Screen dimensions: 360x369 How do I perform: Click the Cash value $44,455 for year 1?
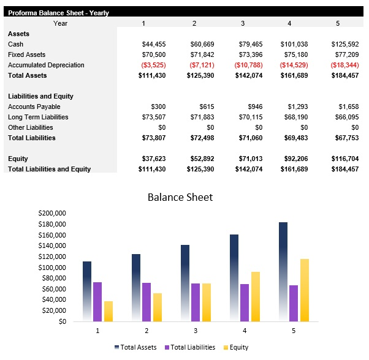click(153, 44)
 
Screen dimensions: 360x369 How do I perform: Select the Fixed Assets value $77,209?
click(346, 54)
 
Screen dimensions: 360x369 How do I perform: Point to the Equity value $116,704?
click(344, 159)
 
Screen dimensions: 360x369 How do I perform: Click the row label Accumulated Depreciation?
click(46, 65)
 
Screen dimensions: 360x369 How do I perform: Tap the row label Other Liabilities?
click(31, 127)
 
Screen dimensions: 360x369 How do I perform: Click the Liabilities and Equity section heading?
click(40, 96)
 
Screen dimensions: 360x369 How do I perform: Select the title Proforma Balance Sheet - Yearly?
click(59, 13)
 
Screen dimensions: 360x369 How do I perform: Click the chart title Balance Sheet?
click(180, 197)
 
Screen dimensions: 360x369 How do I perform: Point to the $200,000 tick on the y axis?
click(52, 213)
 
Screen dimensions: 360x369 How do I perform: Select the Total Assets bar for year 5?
click(283, 272)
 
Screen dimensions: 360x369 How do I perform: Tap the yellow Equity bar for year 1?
click(108, 311)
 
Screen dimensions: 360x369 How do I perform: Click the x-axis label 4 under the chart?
click(245, 330)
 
